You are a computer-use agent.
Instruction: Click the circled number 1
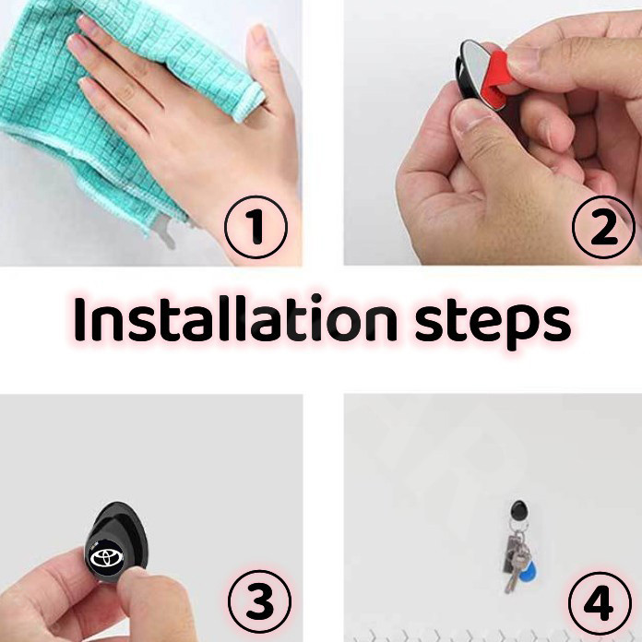256,227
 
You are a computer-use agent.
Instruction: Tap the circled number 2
604,227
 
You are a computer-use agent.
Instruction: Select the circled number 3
259,601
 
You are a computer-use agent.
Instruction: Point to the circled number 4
600,603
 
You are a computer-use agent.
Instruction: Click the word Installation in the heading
235,318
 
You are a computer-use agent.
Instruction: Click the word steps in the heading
493,324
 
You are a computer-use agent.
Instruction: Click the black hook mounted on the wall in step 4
519,511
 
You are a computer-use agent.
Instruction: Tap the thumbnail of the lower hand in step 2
470,116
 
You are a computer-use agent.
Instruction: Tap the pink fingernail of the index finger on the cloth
76,42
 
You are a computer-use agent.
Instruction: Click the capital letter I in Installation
79,319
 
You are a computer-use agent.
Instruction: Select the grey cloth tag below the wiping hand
164,232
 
